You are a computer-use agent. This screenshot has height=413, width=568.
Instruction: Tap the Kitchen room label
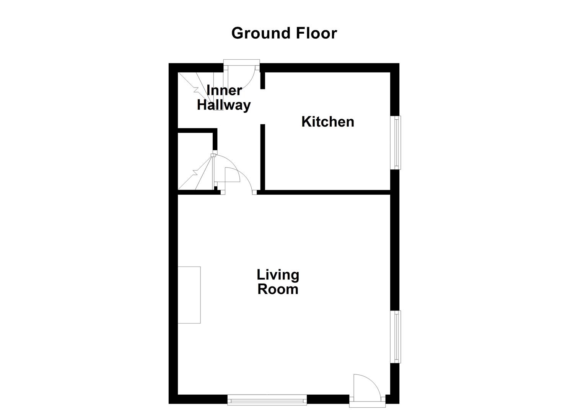pos(328,122)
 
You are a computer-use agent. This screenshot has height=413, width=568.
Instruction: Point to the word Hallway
pos(224,105)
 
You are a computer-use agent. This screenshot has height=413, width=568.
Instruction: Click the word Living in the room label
pos(278,275)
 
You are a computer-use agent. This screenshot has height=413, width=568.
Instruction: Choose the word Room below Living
pos(278,289)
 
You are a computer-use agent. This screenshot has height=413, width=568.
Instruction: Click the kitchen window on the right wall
pos(397,142)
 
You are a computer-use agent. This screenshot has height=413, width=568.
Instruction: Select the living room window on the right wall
pos(397,337)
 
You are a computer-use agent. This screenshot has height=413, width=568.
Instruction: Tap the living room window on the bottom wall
pos(267,400)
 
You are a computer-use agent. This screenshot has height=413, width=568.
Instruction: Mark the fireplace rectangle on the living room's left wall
pos(189,295)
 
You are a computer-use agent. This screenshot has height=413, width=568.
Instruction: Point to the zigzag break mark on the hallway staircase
pos(197,90)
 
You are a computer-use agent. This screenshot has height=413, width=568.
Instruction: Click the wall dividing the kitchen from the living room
pos(325,192)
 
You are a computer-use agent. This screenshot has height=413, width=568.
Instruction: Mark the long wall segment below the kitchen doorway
pos(263,157)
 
